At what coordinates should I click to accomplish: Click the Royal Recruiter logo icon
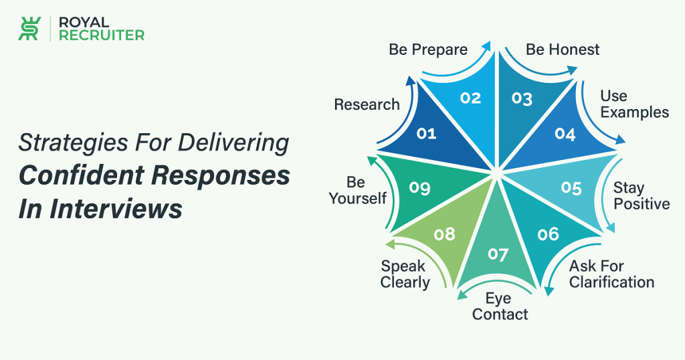29,28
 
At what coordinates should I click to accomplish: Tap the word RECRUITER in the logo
102,35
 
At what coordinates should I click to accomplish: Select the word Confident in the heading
81,175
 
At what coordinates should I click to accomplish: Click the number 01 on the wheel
426,133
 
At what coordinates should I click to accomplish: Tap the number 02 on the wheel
470,98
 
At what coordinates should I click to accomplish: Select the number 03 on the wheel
522,98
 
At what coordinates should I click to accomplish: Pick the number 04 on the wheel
565,134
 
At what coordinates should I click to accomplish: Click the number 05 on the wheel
571,188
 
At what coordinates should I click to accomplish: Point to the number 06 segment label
549,234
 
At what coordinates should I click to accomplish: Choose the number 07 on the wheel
498,254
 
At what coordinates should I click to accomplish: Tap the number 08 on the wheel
445,235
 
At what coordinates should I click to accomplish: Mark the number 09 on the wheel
420,188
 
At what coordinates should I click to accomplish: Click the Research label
367,105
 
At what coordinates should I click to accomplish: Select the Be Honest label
563,50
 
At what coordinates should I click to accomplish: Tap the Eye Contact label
500,306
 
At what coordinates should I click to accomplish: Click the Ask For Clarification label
611,274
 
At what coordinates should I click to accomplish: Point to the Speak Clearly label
405,274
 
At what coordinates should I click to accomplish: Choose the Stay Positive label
642,196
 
